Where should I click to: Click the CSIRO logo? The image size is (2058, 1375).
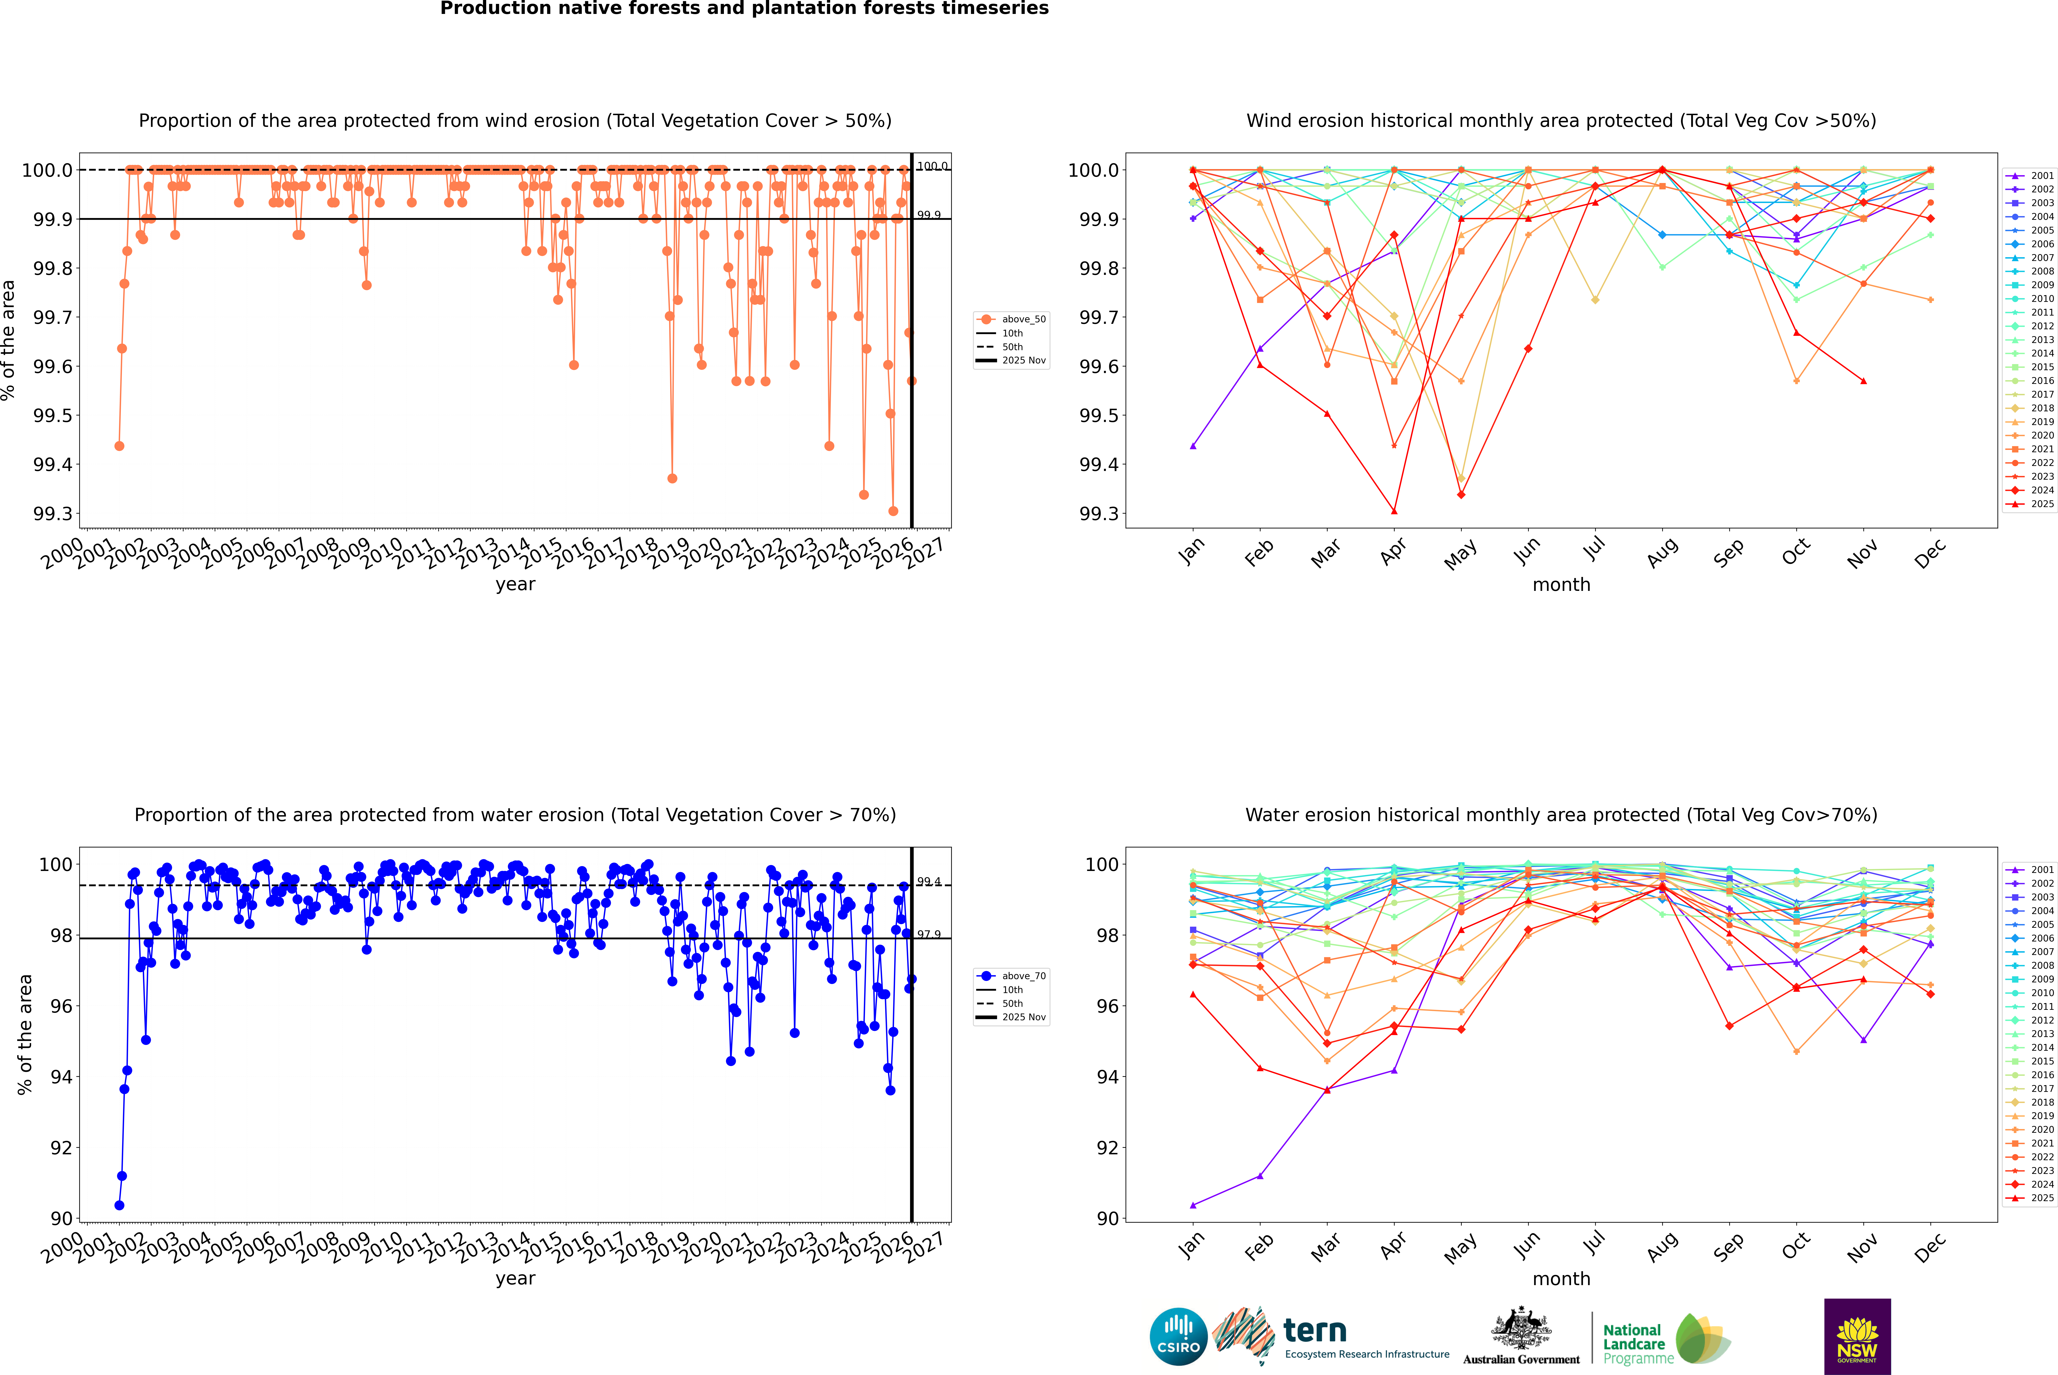(x=1178, y=1336)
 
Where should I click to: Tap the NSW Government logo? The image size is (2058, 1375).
(x=1857, y=1336)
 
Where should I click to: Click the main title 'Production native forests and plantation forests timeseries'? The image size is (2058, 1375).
(x=744, y=9)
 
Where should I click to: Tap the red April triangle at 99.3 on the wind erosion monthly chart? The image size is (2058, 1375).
(x=1394, y=511)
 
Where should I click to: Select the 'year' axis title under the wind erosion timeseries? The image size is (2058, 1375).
(x=515, y=584)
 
